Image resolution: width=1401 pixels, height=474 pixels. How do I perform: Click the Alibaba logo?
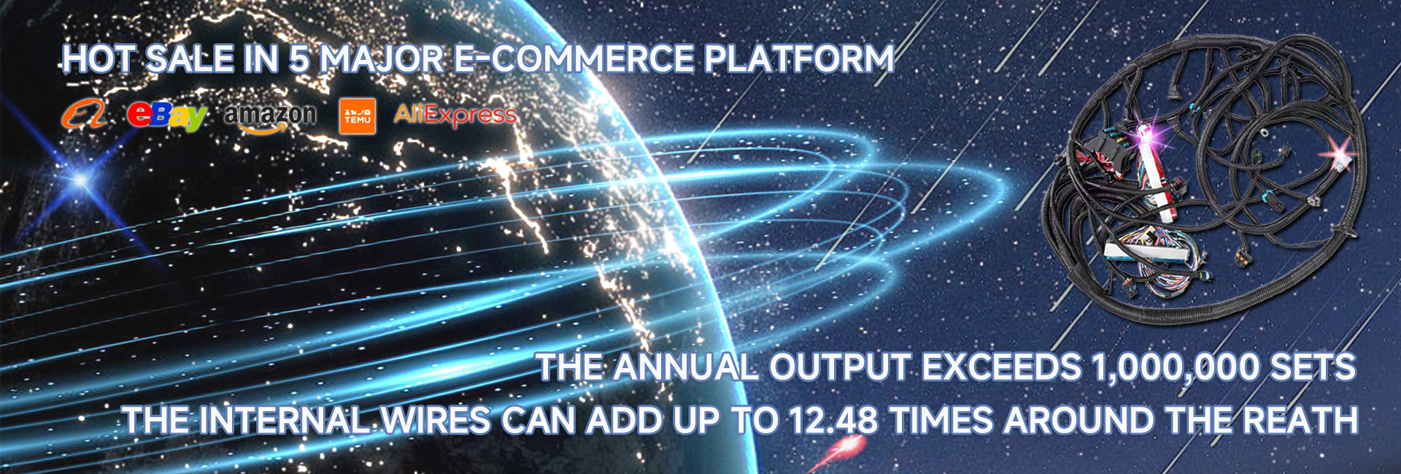pyautogui.click(x=84, y=115)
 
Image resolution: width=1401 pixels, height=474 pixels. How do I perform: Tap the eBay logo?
pyautogui.click(x=167, y=115)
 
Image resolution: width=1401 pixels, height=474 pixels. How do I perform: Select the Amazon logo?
pyautogui.click(x=270, y=117)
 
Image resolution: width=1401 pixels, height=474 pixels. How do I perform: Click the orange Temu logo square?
pyautogui.click(x=358, y=116)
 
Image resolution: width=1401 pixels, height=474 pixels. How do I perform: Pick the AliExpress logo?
pyautogui.click(x=455, y=115)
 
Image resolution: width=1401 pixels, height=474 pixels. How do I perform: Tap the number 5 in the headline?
pyautogui.click(x=299, y=59)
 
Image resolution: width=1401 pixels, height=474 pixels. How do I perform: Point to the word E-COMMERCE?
pyautogui.click(x=574, y=59)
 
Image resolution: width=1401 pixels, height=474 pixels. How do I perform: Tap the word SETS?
pyautogui.click(x=1313, y=367)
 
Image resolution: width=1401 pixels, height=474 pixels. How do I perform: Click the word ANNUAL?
pyautogui.click(x=686, y=367)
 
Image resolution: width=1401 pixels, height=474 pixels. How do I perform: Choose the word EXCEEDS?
pyautogui.click(x=1001, y=367)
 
